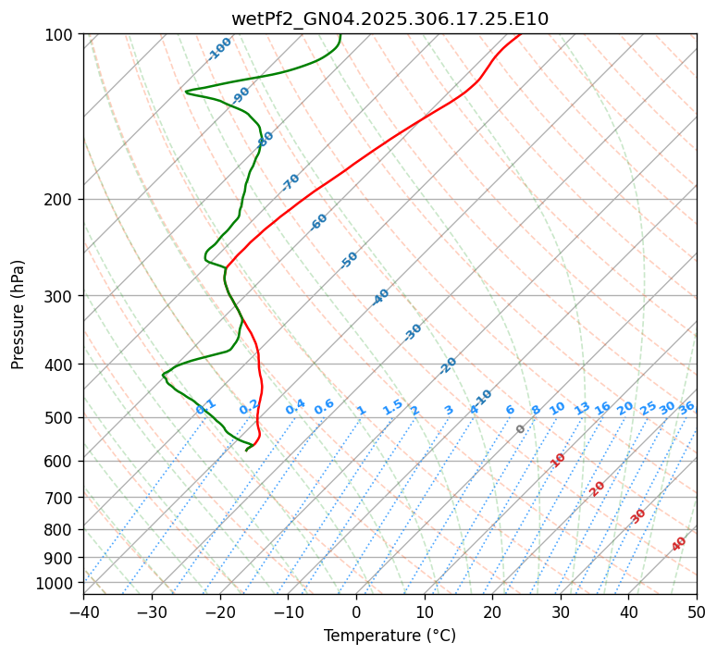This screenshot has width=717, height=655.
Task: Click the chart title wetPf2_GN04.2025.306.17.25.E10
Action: (389, 19)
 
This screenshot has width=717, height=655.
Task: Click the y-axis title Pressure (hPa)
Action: (18, 315)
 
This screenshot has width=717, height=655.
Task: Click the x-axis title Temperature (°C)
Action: (389, 636)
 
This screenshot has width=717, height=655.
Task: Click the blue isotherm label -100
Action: (220, 49)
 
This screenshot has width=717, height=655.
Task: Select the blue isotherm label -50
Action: (349, 260)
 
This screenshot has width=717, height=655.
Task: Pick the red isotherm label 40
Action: (679, 544)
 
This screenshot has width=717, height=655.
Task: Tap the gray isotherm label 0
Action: (521, 429)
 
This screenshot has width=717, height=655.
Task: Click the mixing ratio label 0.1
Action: (206, 406)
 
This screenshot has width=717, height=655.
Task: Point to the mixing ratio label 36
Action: (686, 407)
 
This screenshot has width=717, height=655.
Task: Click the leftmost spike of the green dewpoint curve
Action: (186, 92)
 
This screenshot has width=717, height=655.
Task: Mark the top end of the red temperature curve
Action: (520, 34)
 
